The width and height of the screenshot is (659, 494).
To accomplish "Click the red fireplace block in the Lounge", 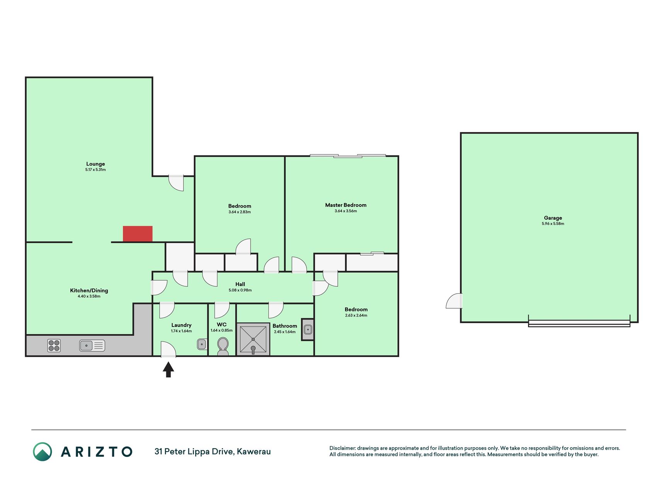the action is [137, 234].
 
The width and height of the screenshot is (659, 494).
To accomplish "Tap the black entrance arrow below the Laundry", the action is [168, 369].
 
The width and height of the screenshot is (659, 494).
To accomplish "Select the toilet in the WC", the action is [223, 346].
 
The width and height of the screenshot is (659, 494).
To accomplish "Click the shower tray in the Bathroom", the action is [253, 339].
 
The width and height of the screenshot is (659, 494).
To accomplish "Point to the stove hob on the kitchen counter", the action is [54, 345].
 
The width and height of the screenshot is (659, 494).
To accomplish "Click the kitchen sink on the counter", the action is [92, 345].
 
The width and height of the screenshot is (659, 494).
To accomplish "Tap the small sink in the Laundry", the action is [202, 344].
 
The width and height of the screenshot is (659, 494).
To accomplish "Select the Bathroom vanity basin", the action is [308, 330].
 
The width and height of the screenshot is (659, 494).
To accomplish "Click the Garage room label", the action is [553, 218].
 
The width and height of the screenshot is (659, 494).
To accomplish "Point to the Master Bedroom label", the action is [346, 205].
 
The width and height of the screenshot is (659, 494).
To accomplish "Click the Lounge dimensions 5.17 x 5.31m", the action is [95, 170].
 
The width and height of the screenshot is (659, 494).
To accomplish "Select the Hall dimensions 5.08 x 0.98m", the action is [240, 290].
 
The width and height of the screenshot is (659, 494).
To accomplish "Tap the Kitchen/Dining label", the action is [89, 291].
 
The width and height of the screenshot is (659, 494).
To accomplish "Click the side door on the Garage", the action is [454, 301].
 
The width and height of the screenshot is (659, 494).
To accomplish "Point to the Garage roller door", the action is [579, 323].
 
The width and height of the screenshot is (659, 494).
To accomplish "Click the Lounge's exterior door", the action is [176, 183].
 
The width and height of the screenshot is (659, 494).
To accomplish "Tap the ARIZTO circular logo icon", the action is [42, 452].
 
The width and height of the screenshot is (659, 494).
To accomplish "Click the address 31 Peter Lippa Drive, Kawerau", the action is [213, 452].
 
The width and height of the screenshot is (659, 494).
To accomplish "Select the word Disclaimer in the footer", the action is [342, 448].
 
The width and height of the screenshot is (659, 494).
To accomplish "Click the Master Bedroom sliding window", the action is [348, 156].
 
